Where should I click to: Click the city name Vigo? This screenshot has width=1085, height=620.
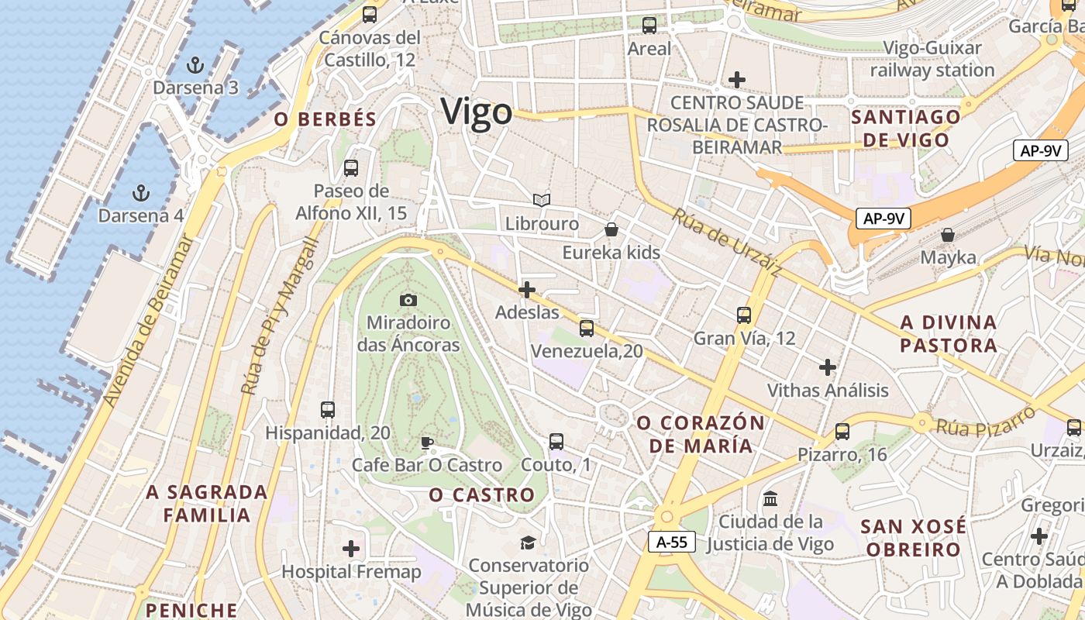[477, 113]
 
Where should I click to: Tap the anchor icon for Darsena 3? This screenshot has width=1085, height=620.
[195, 64]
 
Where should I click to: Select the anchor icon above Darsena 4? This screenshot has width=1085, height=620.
[140, 192]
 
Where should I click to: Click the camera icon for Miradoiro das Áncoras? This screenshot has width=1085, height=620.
[408, 300]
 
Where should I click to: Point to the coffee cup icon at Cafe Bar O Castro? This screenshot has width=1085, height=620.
[426, 443]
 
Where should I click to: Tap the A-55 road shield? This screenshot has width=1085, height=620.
[671, 542]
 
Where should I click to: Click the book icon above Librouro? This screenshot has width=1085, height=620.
[542, 201]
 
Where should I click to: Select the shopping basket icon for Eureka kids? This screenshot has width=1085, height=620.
[611, 229]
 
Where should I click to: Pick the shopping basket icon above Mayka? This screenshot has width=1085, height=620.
[948, 234]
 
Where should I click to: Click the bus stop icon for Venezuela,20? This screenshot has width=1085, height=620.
[587, 328]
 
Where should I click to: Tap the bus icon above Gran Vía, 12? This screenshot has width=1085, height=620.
[744, 315]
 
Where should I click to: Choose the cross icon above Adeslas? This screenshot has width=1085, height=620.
[527, 290]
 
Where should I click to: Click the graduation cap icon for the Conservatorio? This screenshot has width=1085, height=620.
[528, 542]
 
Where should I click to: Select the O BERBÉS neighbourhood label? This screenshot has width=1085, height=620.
[325, 119]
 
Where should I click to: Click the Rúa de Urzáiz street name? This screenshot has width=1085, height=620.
[727, 242]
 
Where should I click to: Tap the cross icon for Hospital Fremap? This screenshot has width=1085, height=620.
[351, 549]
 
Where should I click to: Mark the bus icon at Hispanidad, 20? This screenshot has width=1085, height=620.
[328, 409]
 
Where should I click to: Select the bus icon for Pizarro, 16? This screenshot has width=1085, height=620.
[842, 431]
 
